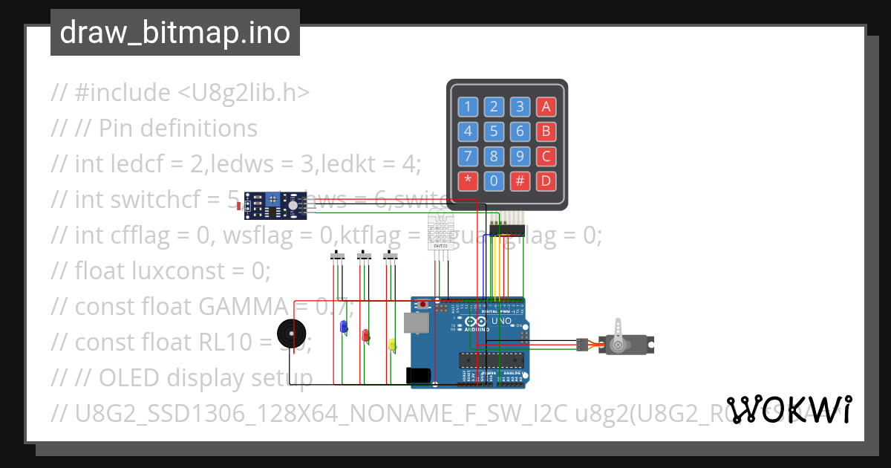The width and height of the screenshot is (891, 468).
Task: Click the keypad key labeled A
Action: [546, 106]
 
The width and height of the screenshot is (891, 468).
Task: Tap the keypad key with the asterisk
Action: [468, 180]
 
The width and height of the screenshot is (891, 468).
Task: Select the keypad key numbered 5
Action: [494, 132]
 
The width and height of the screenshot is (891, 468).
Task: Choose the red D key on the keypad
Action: [546, 180]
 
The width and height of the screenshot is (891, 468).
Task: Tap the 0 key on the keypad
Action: [494, 180]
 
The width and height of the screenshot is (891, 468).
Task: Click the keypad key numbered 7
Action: [468, 156]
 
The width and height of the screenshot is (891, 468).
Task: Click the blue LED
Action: [343, 327]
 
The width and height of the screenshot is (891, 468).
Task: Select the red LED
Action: [365, 336]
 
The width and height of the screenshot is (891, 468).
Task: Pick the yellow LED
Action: [392, 344]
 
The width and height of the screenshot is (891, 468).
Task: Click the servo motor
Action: [624, 344]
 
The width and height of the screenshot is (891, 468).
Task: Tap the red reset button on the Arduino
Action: [423, 304]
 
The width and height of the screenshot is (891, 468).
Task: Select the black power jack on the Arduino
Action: [419, 376]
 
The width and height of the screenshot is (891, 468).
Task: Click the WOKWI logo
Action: [789, 409]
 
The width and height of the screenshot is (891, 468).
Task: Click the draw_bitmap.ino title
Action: [175, 33]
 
